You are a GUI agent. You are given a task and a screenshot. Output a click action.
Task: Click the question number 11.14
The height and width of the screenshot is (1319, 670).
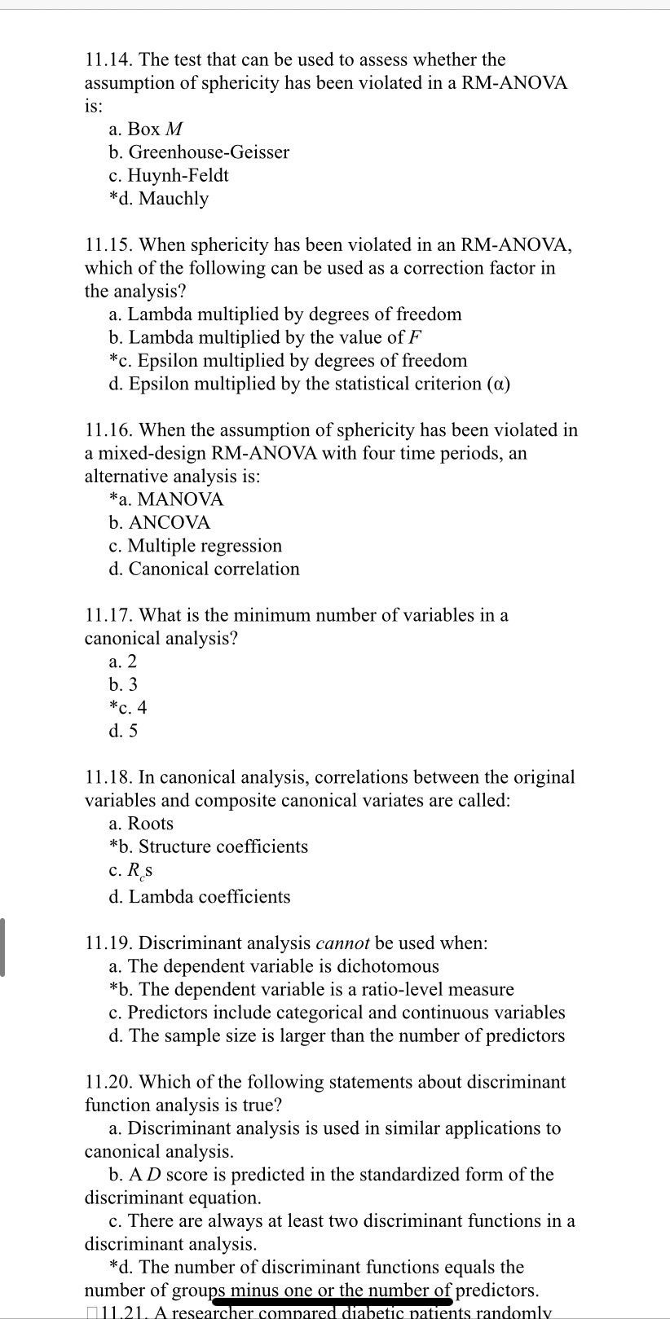[x=109, y=59]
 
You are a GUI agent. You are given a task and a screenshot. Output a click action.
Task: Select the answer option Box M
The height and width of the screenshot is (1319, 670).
[x=146, y=129]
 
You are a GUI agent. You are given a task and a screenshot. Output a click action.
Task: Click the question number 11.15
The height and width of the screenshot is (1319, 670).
[x=109, y=244]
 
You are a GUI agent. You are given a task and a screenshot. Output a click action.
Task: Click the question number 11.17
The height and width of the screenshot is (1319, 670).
[x=109, y=615]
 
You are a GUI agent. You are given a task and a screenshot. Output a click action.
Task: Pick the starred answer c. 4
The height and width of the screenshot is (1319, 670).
[x=128, y=707]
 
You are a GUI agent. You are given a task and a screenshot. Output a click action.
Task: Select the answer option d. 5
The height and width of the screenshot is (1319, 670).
[x=123, y=731]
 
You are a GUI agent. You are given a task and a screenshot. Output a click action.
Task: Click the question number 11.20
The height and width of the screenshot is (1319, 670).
[x=109, y=1082]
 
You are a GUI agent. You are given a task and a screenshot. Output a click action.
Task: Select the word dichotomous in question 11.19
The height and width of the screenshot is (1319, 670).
[x=388, y=966]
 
